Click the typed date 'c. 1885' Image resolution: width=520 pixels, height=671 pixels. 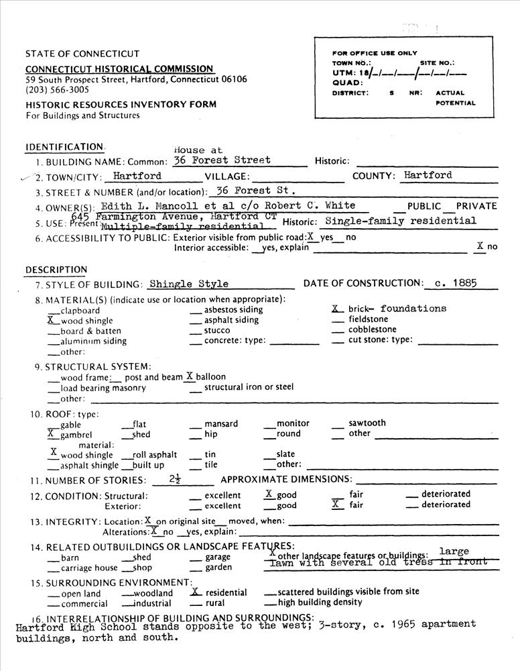pos(456,283)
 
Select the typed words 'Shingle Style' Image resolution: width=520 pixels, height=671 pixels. pos(189,284)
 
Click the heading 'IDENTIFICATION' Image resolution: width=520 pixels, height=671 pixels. pos(64,147)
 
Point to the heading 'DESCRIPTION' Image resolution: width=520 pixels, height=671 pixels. pos(56,270)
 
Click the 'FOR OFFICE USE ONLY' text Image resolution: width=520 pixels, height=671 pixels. pos(375,53)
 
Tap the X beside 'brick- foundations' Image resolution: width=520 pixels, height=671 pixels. pos(336,309)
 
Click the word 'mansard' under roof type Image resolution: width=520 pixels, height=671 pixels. pos(220,423)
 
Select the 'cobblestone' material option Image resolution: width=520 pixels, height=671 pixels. pos(373,329)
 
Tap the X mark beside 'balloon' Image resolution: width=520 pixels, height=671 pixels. pos(190,376)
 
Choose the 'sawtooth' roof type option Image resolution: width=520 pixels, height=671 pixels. pos(367,423)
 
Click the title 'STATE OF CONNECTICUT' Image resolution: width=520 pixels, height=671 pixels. pos(82,54)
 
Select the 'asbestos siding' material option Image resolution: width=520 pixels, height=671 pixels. pos(233,310)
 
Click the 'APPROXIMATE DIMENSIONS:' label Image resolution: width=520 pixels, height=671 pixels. pos(286,479)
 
